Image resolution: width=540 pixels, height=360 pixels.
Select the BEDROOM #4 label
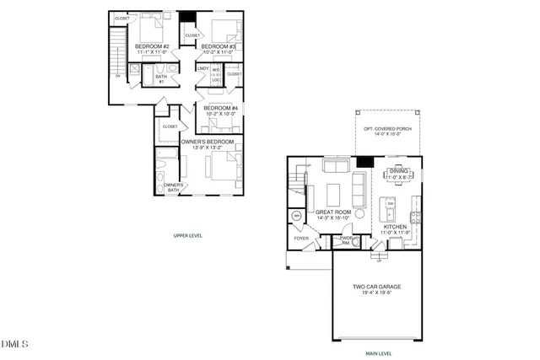219,109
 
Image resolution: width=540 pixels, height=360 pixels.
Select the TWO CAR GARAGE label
377,287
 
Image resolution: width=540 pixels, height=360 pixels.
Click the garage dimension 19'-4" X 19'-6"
377,294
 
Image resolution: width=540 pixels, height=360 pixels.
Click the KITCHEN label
396,227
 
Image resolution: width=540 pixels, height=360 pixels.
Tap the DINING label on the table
397,171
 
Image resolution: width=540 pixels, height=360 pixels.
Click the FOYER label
301,239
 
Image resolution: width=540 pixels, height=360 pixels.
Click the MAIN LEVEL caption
377,353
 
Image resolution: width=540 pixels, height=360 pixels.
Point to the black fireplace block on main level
364,161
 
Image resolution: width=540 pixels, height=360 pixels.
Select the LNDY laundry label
203,69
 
